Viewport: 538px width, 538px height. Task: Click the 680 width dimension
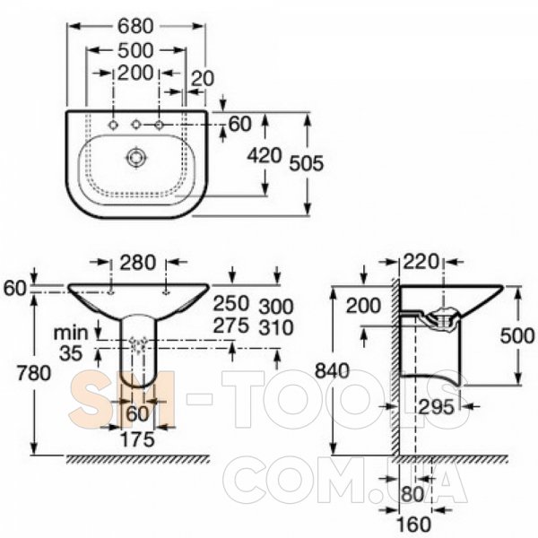(135, 26)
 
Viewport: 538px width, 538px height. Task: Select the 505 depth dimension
(307, 163)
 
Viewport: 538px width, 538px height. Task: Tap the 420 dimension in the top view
(265, 156)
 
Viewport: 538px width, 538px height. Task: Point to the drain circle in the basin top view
(137, 158)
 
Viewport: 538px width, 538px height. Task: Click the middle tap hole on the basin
(136, 125)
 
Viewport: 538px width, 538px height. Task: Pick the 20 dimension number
(202, 79)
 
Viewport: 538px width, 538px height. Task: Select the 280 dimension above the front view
(137, 263)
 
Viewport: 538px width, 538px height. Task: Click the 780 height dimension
(34, 373)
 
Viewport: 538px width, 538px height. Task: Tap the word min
(71, 333)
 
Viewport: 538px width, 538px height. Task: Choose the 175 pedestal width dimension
(137, 439)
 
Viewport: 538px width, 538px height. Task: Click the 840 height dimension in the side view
(332, 370)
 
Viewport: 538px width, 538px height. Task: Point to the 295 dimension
(436, 407)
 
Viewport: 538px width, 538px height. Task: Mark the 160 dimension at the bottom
(413, 525)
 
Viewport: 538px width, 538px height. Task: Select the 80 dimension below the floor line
(412, 494)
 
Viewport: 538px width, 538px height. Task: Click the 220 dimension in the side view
(421, 262)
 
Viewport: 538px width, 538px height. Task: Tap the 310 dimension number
(276, 327)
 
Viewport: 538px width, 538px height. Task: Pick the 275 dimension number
(230, 325)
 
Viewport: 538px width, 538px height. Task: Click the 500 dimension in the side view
(517, 335)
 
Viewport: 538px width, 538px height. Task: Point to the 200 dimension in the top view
(135, 74)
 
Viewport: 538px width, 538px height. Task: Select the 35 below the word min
(71, 353)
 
